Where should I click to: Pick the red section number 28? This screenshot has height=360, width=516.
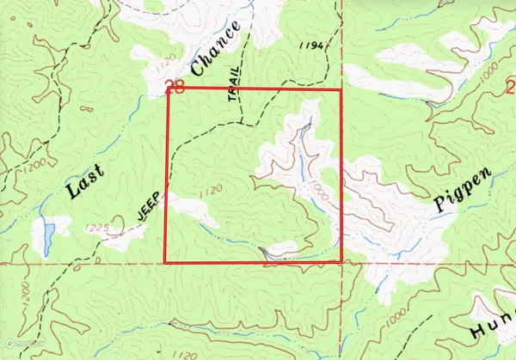tap(175, 85)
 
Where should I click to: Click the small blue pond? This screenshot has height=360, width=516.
tap(48, 232)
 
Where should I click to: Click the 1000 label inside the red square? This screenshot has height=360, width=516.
tap(321, 187)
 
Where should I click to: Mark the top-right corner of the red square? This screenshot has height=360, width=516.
tap(341, 89)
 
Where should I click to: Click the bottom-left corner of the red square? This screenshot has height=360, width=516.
tap(165, 263)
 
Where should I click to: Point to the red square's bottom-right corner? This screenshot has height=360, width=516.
tap(342, 262)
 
